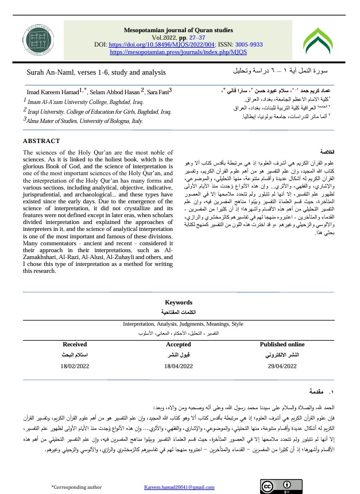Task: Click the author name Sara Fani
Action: (x=157, y=92)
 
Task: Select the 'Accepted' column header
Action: (x=178, y=345)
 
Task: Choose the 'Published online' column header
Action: (x=282, y=345)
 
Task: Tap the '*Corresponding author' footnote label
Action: (x=72, y=487)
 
